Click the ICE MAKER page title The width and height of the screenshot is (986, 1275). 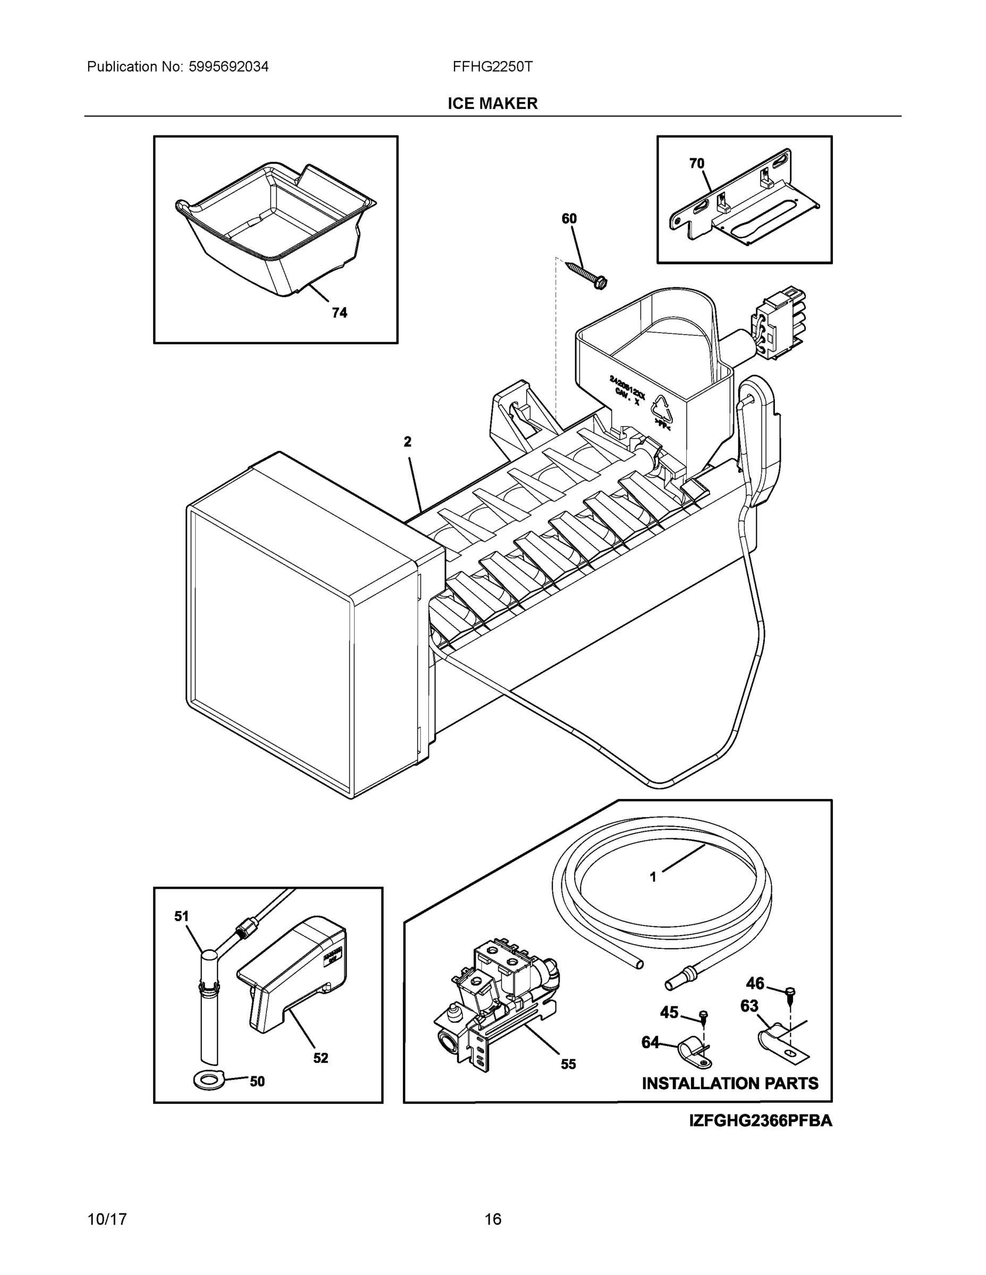coord(492,104)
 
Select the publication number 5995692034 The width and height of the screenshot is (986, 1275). coord(229,66)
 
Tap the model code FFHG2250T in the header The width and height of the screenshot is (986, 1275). coord(492,66)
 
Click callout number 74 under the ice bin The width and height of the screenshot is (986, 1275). coord(339,313)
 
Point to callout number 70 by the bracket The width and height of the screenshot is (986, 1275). coord(697,164)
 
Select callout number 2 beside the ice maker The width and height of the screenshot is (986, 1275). coord(408,442)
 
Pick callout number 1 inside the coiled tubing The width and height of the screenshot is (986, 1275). coord(653,893)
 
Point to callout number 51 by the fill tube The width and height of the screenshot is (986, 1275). coord(182,916)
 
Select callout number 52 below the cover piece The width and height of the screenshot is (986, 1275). coord(321,1058)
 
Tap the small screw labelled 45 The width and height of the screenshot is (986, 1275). coord(704,1016)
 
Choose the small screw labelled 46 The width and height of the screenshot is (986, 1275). coord(791,992)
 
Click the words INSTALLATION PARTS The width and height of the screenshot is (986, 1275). coord(730,1084)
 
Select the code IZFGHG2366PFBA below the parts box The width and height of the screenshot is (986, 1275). coord(761,1121)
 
